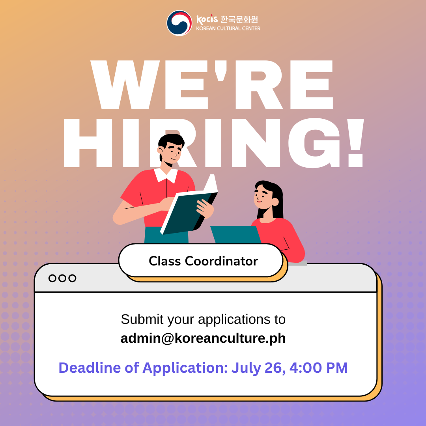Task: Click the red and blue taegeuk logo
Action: coord(179,23)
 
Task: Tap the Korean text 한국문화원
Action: coord(239,19)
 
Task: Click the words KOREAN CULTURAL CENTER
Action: coord(228,28)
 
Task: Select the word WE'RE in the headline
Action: coord(212,84)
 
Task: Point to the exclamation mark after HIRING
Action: coord(356,143)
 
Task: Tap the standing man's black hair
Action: coord(171,143)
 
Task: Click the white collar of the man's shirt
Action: coord(166,175)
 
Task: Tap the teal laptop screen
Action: coord(235,234)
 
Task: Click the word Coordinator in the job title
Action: coord(221,261)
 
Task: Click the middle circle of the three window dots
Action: coord(62,278)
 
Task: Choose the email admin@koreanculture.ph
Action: coord(203,338)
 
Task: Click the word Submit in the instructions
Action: coord(142,319)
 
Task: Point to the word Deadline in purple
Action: coord(90,368)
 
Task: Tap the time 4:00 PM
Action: coord(318,368)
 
